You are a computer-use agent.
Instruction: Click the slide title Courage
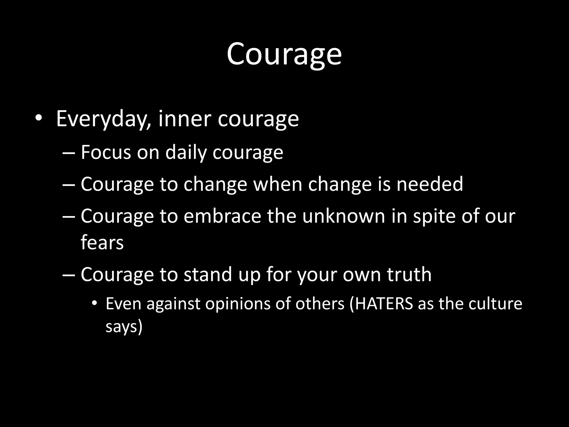click(x=284, y=54)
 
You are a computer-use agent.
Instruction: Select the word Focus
click(x=106, y=152)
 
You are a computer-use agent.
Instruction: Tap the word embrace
click(x=222, y=216)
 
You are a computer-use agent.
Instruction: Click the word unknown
click(x=344, y=216)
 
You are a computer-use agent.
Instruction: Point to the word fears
click(x=102, y=242)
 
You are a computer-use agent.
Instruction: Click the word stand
click(x=208, y=274)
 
